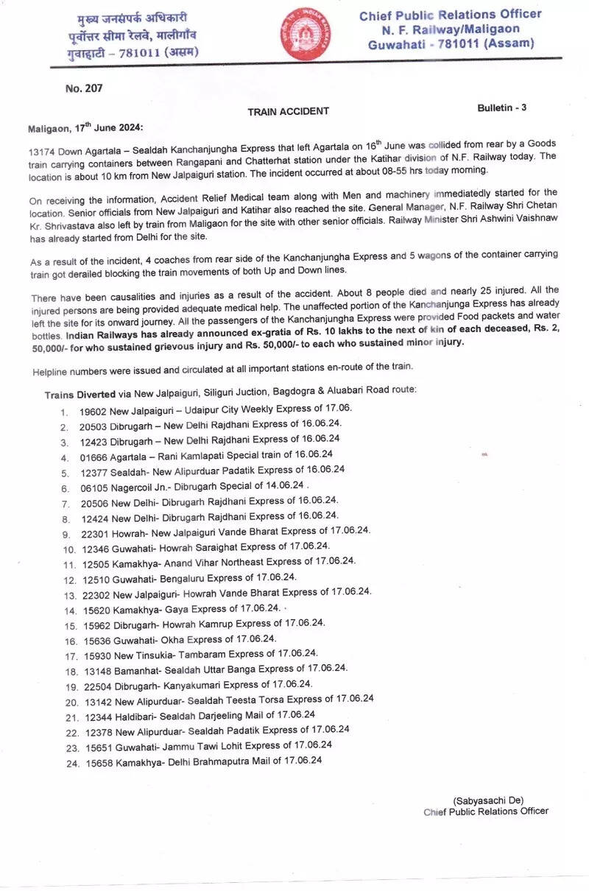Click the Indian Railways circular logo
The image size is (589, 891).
click(x=306, y=34)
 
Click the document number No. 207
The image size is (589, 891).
click(x=84, y=88)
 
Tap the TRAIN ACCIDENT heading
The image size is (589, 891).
click(x=288, y=111)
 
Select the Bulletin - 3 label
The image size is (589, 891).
click(x=502, y=108)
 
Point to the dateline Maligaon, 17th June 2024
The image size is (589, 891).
click(x=87, y=127)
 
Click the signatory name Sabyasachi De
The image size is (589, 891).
click(x=488, y=800)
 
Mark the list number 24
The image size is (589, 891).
click(x=71, y=762)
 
